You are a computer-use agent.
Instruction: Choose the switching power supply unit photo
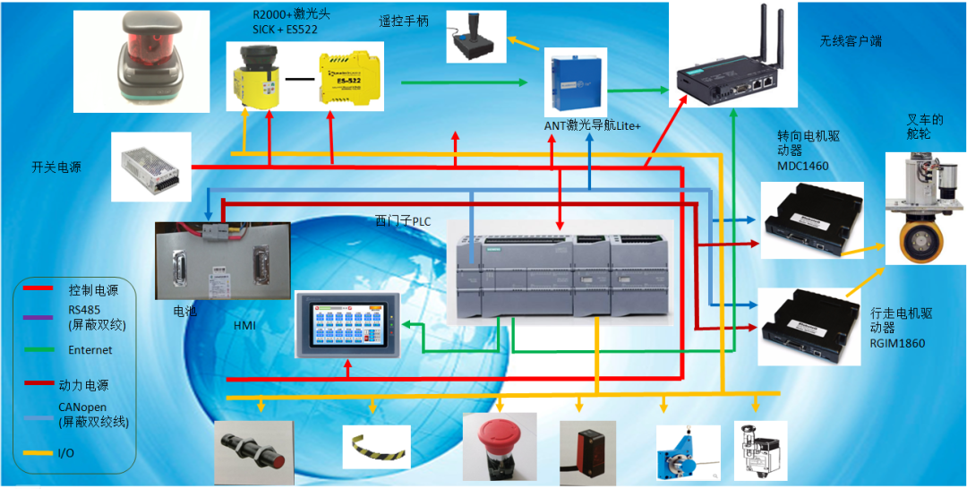(x=153, y=167)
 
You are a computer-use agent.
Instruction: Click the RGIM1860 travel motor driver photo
(x=809, y=325)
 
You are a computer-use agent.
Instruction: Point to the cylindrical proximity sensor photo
(x=253, y=449)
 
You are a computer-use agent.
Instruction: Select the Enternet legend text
(x=91, y=350)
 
